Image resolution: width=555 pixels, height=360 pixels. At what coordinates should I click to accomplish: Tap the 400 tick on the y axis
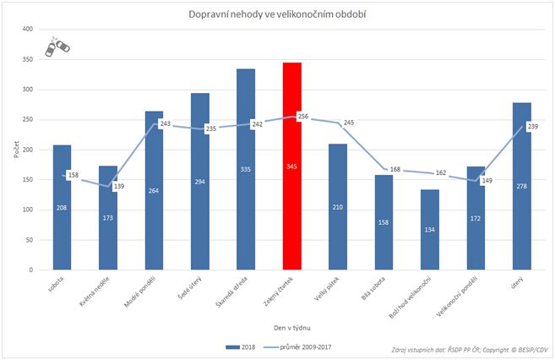(x=28, y=30)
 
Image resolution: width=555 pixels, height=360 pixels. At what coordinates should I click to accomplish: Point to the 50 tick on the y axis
(x=30, y=240)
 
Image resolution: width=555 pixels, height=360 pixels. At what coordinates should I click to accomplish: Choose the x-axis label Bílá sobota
(x=373, y=288)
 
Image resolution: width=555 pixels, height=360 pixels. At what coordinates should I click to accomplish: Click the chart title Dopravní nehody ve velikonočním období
(x=276, y=14)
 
